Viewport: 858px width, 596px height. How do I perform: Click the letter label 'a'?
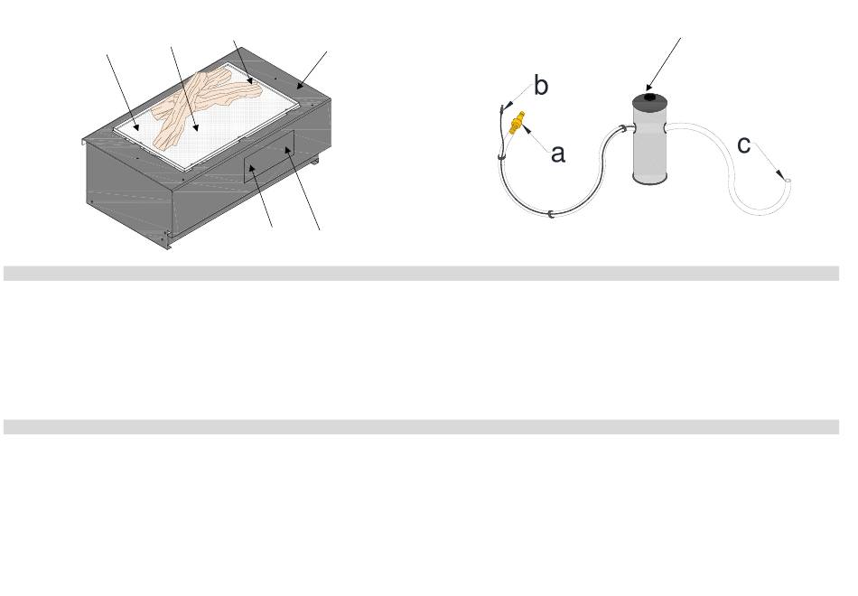tap(557, 154)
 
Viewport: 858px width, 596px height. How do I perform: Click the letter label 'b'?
tap(541, 86)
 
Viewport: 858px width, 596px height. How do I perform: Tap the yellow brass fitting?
tap(517, 123)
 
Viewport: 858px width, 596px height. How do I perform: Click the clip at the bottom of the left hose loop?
tap(551, 214)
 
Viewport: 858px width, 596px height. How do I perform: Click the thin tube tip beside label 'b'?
tap(503, 107)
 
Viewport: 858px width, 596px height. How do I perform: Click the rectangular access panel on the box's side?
tap(269, 156)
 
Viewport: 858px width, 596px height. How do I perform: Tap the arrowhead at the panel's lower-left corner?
tap(252, 168)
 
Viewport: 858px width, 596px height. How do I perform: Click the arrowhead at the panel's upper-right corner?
tap(287, 149)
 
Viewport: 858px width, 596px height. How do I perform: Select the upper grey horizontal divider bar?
tap(422, 274)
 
